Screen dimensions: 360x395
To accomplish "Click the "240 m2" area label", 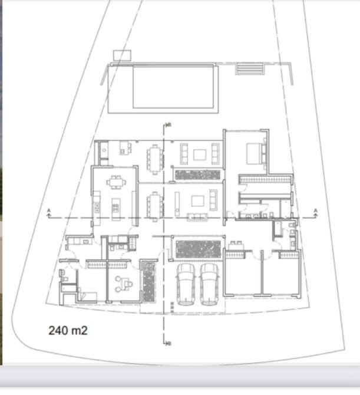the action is pyautogui.click(x=68, y=330).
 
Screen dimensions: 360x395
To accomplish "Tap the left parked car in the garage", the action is pyautogui.click(x=186, y=284).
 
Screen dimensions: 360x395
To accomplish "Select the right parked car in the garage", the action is pyautogui.click(x=209, y=284).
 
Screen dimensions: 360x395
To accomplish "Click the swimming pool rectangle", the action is pyautogui.click(x=173, y=87).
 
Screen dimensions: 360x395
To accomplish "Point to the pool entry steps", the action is pyautogui.click(x=249, y=68).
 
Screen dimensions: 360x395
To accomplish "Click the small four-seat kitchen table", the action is pyautogui.click(x=116, y=182).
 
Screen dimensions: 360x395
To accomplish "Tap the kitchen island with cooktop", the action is pyautogui.click(x=116, y=209).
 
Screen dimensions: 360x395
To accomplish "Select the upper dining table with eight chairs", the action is pyautogui.click(x=155, y=159).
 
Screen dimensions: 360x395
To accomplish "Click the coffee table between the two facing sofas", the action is pyautogui.click(x=200, y=154).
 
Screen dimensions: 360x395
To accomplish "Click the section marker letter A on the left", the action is pyautogui.click(x=49, y=210).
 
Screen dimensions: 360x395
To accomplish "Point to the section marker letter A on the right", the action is pyautogui.click(x=315, y=210).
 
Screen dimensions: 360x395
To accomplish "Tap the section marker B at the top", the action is pyautogui.click(x=170, y=125).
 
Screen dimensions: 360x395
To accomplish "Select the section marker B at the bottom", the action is pyautogui.click(x=170, y=343).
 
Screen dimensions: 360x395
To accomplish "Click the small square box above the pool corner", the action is pyautogui.click(x=122, y=55).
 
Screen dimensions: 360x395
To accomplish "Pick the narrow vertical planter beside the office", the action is pyautogui.click(x=148, y=282).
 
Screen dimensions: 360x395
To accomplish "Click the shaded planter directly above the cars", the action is pyautogui.click(x=198, y=249).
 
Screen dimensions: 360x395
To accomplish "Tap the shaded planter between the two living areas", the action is pyautogui.click(x=197, y=175).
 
